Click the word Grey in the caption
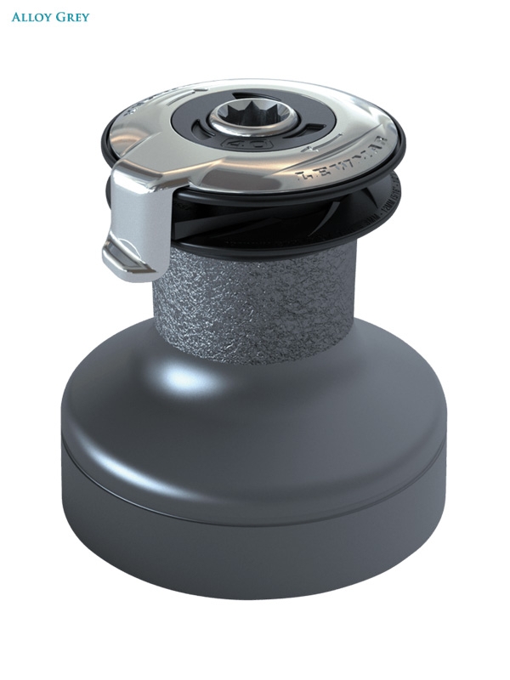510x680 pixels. (71, 17)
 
